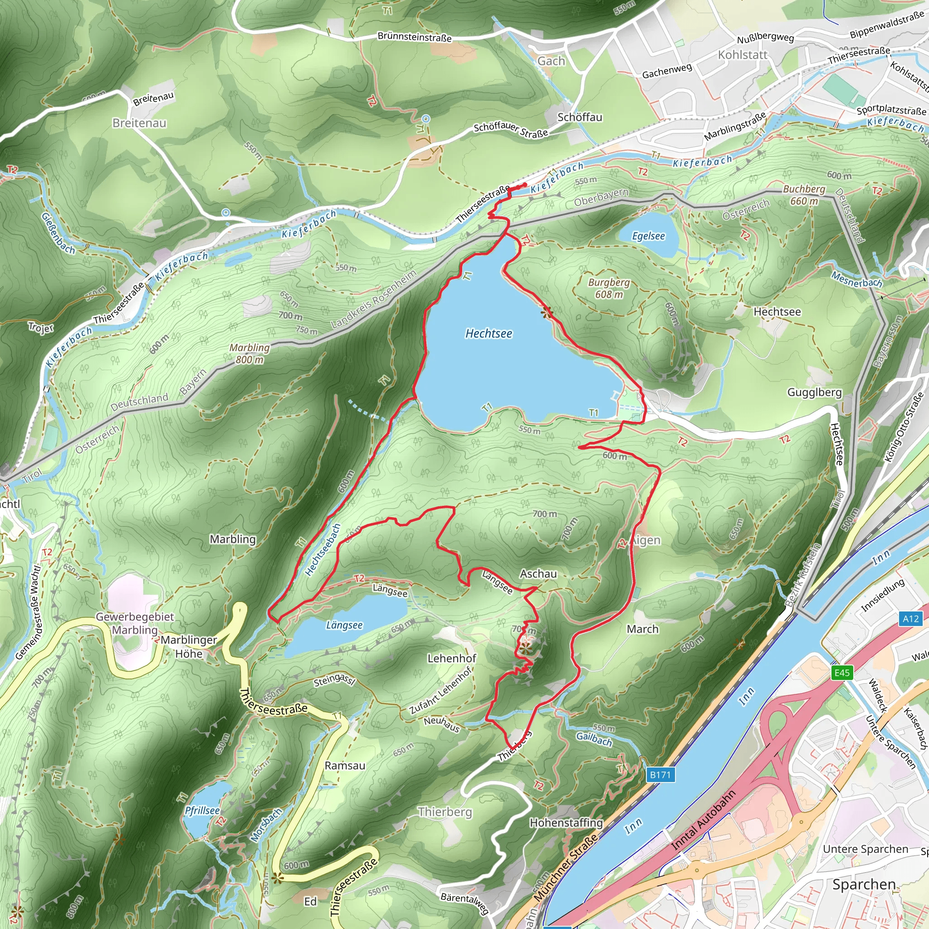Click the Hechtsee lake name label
(489, 333)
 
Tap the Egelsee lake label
(648, 235)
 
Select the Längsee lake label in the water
(344, 625)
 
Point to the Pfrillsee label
(202, 810)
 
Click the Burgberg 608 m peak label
(609, 288)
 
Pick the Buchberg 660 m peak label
(804, 195)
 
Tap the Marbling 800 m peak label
(249, 353)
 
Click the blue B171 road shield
(660, 774)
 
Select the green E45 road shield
(842, 672)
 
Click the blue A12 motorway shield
(910, 618)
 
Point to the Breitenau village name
(139, 123)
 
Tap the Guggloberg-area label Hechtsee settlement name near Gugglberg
(777, 312)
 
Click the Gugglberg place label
(815, 392)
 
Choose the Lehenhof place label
(451, 658)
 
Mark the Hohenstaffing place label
(566, 823)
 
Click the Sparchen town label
(864, 884)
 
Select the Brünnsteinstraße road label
(414, 37)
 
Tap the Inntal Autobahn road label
(703, 820)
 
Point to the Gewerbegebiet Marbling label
(135, 623)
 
